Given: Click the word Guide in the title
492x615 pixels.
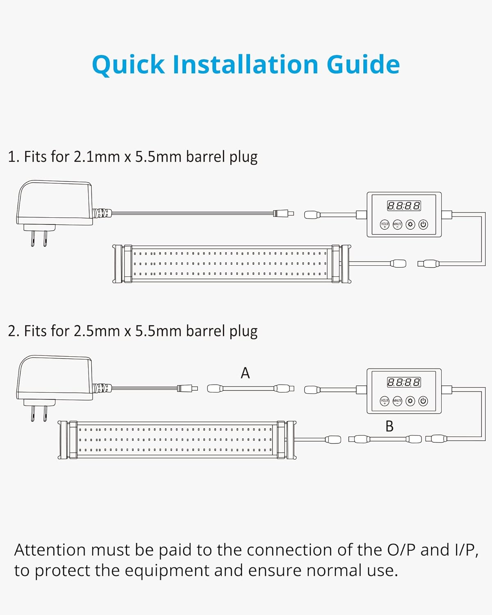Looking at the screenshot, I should (363, 65).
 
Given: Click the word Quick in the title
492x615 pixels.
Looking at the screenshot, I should (128, 65).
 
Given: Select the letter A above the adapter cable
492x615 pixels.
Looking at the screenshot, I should (245, 373).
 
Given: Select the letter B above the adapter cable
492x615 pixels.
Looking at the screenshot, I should (389, 426).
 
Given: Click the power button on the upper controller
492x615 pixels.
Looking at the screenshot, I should (423, 225).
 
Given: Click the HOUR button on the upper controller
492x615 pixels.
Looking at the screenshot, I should (385, 225).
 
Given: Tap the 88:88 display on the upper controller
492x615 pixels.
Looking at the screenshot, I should (404, 206).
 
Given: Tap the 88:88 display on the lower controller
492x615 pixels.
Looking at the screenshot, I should (404, 383).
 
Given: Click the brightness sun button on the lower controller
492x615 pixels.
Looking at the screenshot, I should (410, 401).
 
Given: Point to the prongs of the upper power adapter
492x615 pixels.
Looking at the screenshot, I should (39, 238).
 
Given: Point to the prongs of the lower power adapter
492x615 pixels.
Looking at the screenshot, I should (39, 413).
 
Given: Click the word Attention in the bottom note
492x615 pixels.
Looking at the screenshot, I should (50, 550).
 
